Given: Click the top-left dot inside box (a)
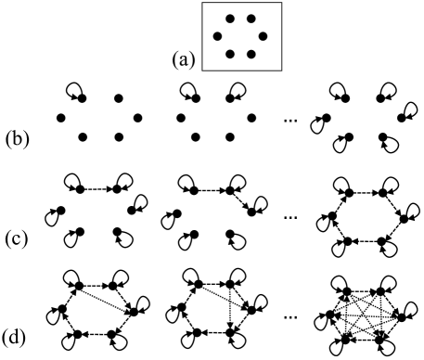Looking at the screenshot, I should point(228,18).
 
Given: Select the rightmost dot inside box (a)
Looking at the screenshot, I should point(263,36).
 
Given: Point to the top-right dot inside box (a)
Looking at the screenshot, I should point(251,18).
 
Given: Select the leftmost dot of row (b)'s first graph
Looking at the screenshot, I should point(61,117).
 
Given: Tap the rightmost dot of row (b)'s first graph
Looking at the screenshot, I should point(137,117).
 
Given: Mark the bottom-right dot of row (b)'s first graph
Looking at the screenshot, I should point(118,137).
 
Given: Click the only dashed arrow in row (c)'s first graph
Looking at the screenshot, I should point(99,189).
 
